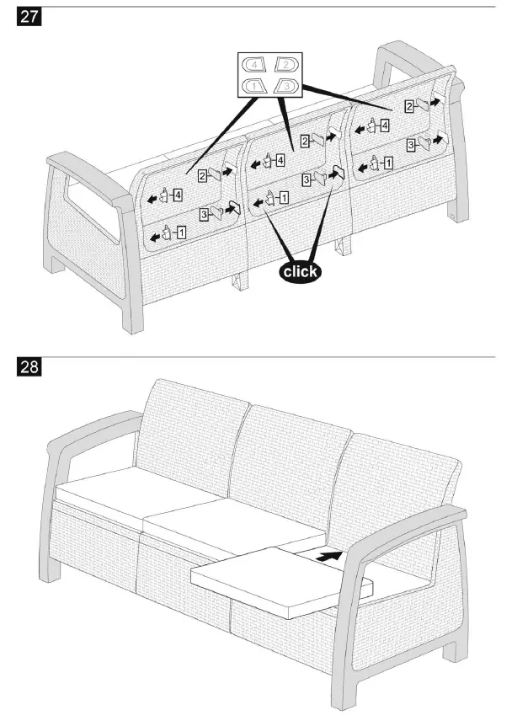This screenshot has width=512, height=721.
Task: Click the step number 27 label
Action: click(29, 16)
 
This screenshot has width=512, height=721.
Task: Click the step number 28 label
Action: click(29, 369)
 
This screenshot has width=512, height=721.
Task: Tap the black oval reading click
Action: click(301, 271)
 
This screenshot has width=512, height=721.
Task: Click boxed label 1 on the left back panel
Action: click(183, 230)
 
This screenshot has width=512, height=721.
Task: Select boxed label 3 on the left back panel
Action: click(205, 216)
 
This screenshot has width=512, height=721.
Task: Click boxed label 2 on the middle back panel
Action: click(306, 141)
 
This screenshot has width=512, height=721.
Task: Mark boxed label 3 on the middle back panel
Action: click(307, 179)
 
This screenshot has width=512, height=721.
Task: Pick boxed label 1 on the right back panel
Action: click(387, 163)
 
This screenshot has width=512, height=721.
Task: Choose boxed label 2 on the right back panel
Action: click(408, 106)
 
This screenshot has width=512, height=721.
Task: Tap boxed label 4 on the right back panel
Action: click(385, 126)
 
